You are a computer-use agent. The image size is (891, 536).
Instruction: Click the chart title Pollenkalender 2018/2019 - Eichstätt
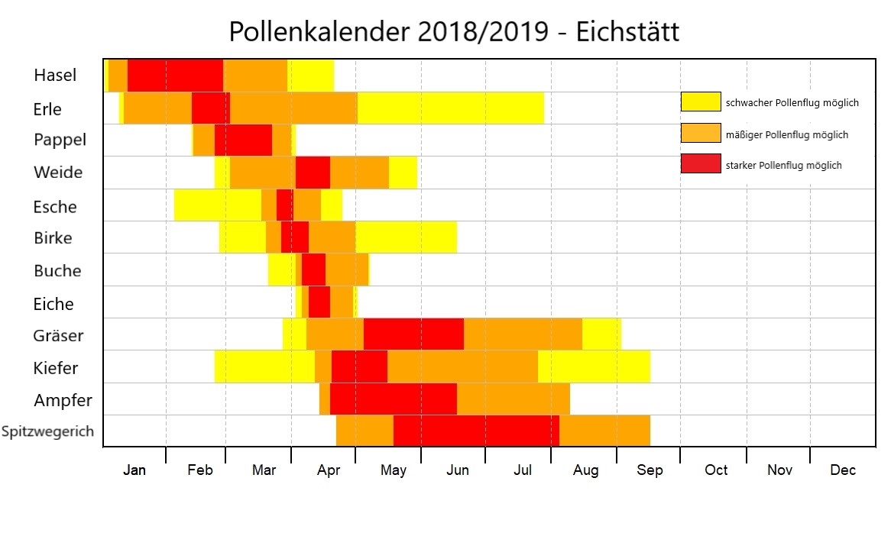(x=454, y=33)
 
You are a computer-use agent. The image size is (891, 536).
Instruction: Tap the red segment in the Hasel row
(x=175, y=76)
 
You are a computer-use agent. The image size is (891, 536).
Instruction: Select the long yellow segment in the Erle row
(x=450, y=108)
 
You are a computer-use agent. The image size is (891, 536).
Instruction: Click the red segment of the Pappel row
(x=243, y=140)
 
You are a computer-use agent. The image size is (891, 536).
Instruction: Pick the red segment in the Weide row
(x=313, y=172)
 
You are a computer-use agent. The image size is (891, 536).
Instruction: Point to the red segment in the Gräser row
(x=413, y=334)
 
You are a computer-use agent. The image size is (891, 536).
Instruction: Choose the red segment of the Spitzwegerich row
(x=476, y=431)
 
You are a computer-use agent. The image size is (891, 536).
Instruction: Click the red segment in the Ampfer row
(x=393, y=399)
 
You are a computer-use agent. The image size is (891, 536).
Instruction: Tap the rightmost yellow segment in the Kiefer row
(x=594, y=366)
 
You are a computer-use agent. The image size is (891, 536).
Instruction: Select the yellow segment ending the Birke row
(x=406, y=237)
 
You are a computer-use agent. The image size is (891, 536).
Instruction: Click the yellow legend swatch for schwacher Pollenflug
(x=701, y=102)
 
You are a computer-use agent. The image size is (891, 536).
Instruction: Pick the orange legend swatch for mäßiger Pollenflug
(x=701, y=133)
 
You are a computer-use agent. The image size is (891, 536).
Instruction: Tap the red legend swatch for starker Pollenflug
(x=701, y=163)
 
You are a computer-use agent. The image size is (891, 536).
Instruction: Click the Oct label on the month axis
(x=716, y=470)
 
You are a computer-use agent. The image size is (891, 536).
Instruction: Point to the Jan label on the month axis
(x=134, y=470)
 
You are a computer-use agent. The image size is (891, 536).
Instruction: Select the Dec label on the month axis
(x=843, y=470)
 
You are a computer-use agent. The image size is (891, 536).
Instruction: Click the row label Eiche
(x=53, y=304)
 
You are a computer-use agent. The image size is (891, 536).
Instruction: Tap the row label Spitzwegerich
(x=47, y=431)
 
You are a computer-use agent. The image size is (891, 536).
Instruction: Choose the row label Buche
(x=57, y=271)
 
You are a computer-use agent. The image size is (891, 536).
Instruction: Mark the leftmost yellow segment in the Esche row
(x=218, y=205)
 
